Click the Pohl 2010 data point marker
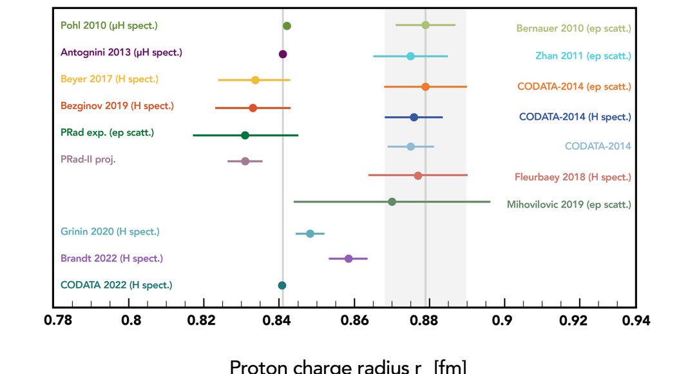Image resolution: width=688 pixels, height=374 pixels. [287, 26]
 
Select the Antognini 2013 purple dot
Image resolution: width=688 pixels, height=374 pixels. [283, 54]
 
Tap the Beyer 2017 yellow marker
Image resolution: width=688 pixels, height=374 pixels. [255, 80]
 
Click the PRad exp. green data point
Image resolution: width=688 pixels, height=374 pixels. [245, 135]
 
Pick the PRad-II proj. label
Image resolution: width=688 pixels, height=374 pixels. [88, 160]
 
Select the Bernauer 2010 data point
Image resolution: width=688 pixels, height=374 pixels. [425, 25]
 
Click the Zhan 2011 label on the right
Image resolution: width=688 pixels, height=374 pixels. [583, 56]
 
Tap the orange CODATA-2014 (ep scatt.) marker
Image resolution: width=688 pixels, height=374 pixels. [425, 86]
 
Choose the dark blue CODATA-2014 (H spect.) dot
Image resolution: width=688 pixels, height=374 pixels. [414, 117]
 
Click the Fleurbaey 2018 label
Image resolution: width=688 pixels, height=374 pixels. [573, 177]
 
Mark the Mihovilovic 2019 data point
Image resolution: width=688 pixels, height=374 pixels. [392, 202]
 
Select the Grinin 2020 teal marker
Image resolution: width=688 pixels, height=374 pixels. [310, 233]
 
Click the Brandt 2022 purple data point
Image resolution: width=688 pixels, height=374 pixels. [349, 259]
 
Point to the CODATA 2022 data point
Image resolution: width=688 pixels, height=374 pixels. [282, 285]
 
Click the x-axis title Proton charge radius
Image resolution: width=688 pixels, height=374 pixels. [348, 366]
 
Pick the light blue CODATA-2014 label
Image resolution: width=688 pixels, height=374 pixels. [598, 146]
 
